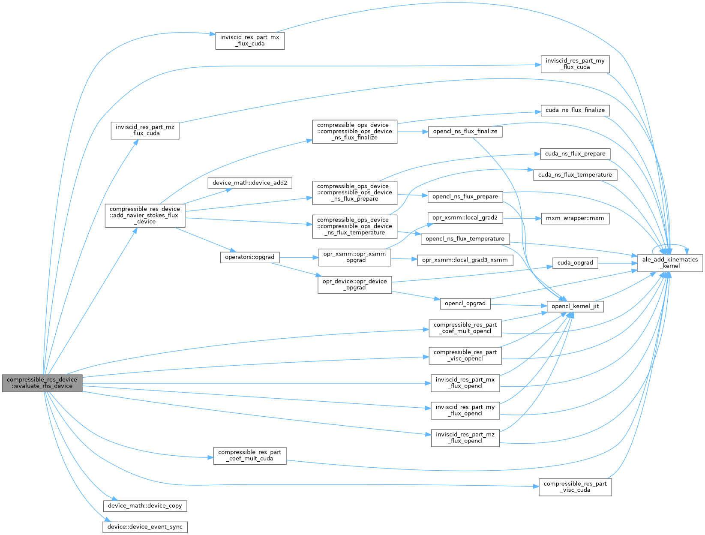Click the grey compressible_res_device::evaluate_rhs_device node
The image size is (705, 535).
(x=42, y=383)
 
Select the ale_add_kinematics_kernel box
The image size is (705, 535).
(x=670, y=263)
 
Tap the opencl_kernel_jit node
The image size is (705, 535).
(x=575, y=307)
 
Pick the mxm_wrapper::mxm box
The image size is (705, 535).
(x=575, y=219)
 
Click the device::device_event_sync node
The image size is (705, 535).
(x=145, y=527)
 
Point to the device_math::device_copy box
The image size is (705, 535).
(x=145, y=506)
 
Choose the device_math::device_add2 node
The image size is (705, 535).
(x=250, y=183)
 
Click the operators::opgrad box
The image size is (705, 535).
(x=250, y=258)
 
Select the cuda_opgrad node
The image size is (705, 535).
(x=575, y=263)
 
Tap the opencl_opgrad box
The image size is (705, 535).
(x=465, y=304)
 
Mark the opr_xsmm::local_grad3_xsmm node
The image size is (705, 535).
(x=465, y=261)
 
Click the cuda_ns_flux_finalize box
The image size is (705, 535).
(x=575, y=111)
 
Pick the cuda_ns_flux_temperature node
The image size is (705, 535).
(x=575, y=175)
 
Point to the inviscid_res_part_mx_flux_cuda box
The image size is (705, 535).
(x=250, y=41)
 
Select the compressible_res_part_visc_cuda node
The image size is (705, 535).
(x=575, y=487)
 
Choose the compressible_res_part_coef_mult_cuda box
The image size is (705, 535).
(x=250, y=456)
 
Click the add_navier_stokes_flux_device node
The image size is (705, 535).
(x=145, y=216)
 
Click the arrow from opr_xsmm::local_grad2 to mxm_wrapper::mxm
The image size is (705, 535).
(x=522, y=218)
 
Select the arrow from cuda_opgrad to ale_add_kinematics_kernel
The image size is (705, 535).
(x=618, y=263)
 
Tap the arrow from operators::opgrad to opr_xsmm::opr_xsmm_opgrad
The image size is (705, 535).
(x=299, y=258)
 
